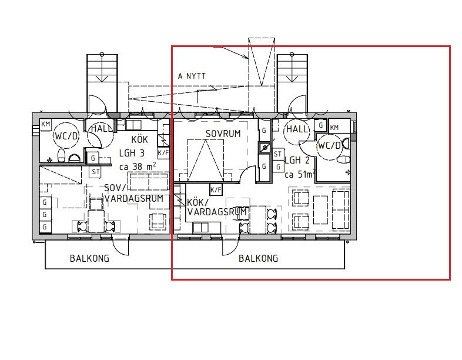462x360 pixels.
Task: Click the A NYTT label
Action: pyautogui.click(x=192, y=76)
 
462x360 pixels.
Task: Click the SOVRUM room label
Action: pyautogui.click(x=223, y=134)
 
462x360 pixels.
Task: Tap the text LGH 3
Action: pyautogui.click(x=132, y=153)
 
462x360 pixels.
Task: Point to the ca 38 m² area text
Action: pyautogui.click(x=138, y=166)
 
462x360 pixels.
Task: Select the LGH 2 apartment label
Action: pyautogui.click(x=297, y=161)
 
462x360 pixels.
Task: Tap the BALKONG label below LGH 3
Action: pyautogui.click(x=89, y=259)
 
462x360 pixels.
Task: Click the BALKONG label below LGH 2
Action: pyautogui.click(x=259, y=259)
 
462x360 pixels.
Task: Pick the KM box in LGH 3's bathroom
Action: pyautogui.click(x=46, y=124)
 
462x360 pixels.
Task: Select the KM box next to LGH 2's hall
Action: pyautogui.click(x=334, y=128)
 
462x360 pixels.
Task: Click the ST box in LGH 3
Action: pyautogui.click(x=95, y=172)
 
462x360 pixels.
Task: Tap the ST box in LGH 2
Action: pyautogui.click(x=277, y=154)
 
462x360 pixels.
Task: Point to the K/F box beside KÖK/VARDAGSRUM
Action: pyautogui.click(x=216, y=189)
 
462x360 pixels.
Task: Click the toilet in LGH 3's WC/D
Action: pyautogui.click(x=61, y=155)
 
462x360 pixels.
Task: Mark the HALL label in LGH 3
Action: pyautogui.click(x=101, y=129)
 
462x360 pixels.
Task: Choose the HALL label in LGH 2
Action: pyautogui.click(x=297, y=129)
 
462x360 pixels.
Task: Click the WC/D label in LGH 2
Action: pyautogui.click(x=329, y=146)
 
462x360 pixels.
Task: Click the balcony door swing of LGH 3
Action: pyautogui.click(x=120, y=245)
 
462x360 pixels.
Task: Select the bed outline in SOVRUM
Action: pyautogui.click(x=205, y=161)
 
